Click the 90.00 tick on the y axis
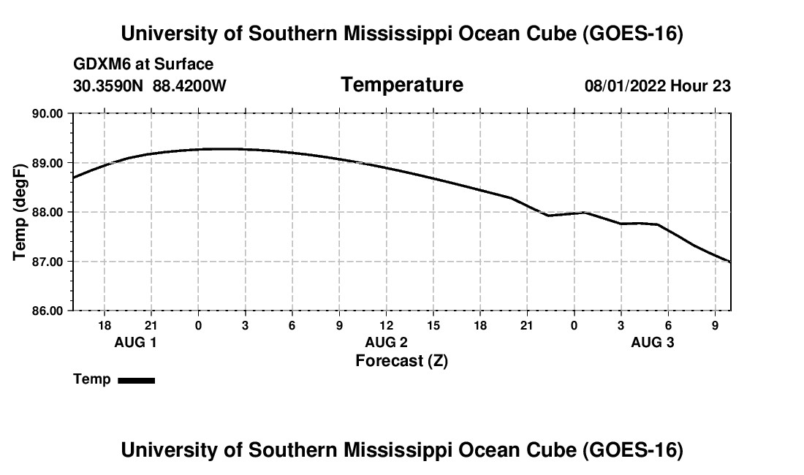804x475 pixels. (x=48, y=113)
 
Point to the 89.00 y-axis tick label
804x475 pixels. (x=48, y=163)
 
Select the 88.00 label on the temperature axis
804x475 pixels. (x=48, y=212)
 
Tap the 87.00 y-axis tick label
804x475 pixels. (x=48, y=262)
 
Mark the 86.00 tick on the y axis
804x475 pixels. (x=48, y=311)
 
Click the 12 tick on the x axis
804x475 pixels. (x=386, y=325)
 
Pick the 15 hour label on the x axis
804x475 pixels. (x=433, y=325)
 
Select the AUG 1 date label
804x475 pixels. (x=135, y=342)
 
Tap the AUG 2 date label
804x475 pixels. (x=386, y=342)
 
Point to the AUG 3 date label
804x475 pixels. (x=652, y=342)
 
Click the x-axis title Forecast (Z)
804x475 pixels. (x=402, y=361)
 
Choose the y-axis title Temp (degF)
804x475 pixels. (x=20, y=212)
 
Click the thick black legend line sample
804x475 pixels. (x=137, y=380)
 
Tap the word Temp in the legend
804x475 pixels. (x=92, y=379)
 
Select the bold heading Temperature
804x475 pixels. (x=402, y=85)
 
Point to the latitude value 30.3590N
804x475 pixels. (x=108, y=85)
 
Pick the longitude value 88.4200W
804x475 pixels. (x=189, y=85)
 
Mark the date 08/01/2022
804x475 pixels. (x=625, y=85)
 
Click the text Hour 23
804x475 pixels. (x=700, y=85)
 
